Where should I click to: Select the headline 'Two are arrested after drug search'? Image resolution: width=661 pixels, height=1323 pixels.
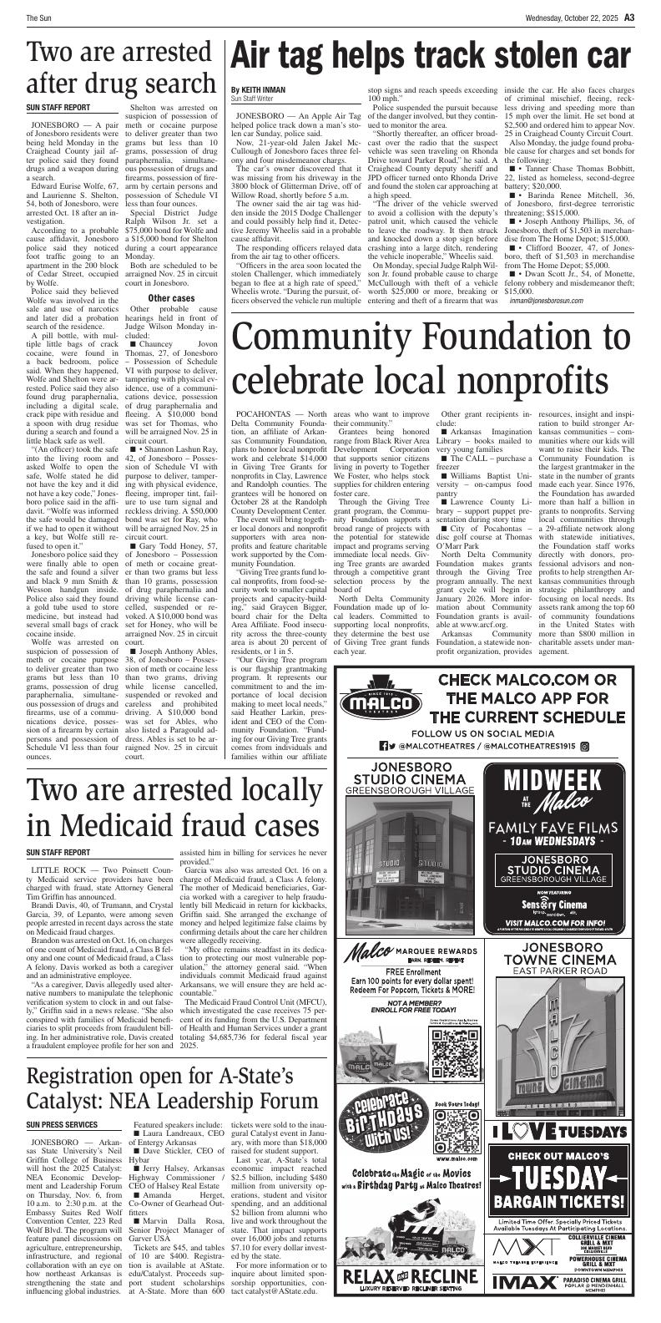point(121,69)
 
